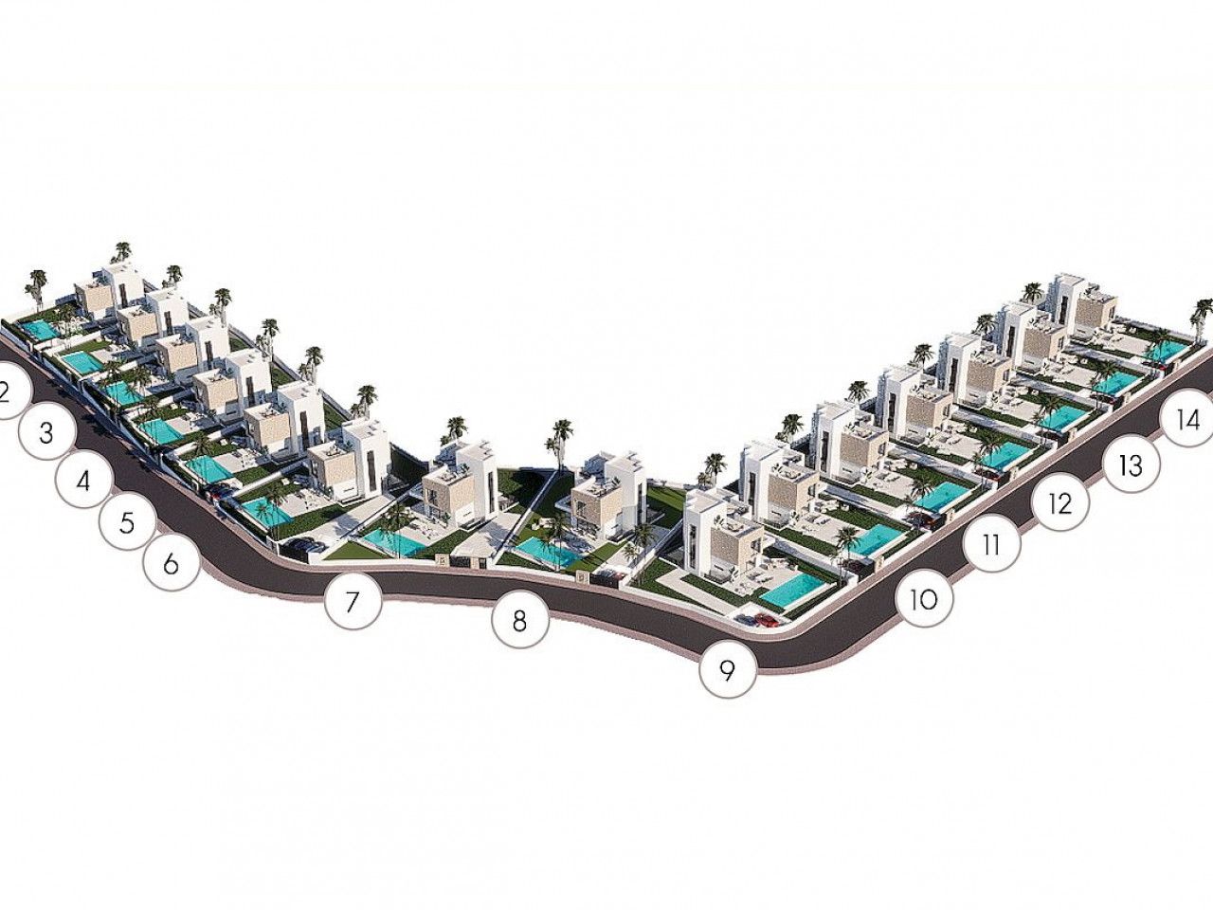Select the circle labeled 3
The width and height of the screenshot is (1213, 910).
47,432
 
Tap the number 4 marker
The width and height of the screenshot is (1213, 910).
84,481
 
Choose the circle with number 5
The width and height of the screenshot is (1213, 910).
127,522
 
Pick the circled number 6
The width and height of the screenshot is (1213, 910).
171,564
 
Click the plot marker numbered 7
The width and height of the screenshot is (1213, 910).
353,601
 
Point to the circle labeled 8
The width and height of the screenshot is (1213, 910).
519,621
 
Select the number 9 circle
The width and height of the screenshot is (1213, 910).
727,670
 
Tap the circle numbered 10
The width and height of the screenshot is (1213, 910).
925,598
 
